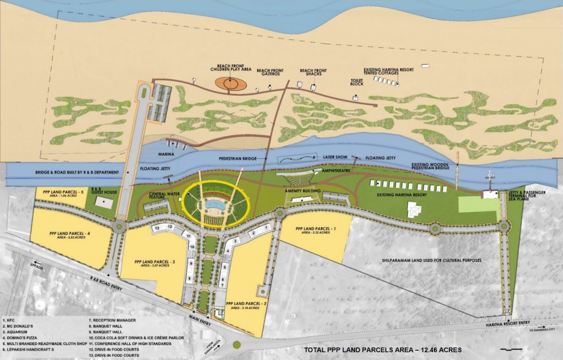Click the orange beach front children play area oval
click(230, 84)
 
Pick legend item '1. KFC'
click(12, 319)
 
